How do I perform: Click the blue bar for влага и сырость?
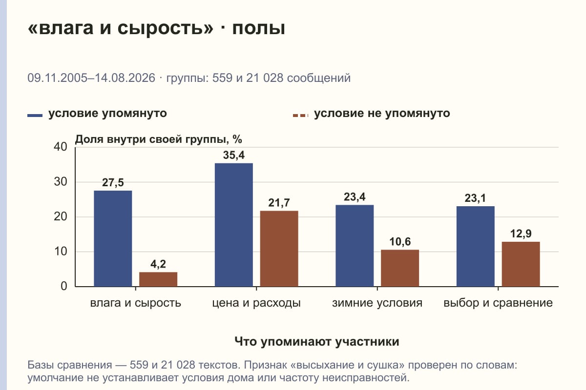pos(113,238)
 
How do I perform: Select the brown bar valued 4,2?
pos(158,279)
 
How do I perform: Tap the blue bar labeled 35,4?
pos(233,225)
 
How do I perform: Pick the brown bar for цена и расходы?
pos(279,249)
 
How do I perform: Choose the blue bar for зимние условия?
pos(355,246)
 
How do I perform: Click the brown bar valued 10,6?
pos(400,268)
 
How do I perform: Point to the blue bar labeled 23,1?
pos(475,246)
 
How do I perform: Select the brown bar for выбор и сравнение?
pos(521,264)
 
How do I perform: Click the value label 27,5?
pos(113,183)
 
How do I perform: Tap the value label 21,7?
pos(279,203)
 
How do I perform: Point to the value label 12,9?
pos(521,234)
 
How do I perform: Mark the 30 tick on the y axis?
pos(61,182)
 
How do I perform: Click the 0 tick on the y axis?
pos(64,287)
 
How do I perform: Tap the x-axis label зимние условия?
pos(377,303)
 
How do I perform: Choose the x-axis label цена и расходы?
pos(256,303)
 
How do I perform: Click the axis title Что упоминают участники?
pos(317,342)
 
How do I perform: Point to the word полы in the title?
pos(258,28)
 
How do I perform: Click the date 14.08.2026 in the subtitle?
pos(125,78)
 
